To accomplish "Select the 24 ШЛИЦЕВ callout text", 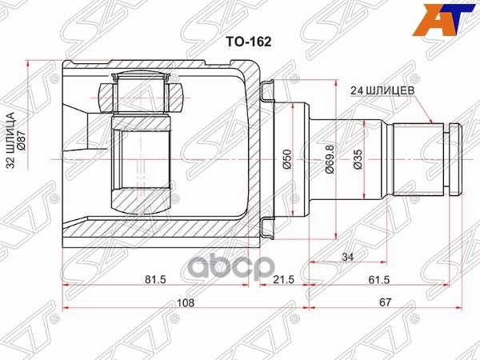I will [382, 91].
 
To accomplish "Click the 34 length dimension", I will [346, 258].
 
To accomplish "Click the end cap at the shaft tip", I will [454, 159].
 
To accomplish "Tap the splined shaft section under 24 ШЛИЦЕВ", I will [416, 159].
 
